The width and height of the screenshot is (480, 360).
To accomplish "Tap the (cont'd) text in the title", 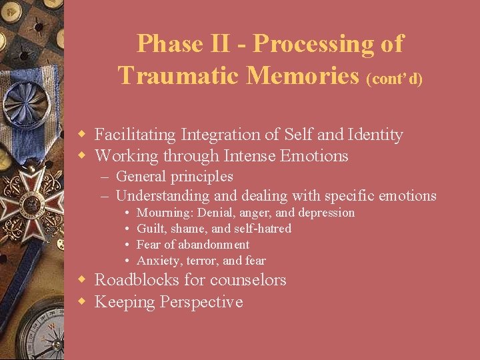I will point(395,79).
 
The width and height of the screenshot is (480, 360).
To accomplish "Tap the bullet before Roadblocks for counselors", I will point(83,281).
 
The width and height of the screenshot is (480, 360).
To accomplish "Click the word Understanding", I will point(163,196).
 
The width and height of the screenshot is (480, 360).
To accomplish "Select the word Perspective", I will point(201,302).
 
